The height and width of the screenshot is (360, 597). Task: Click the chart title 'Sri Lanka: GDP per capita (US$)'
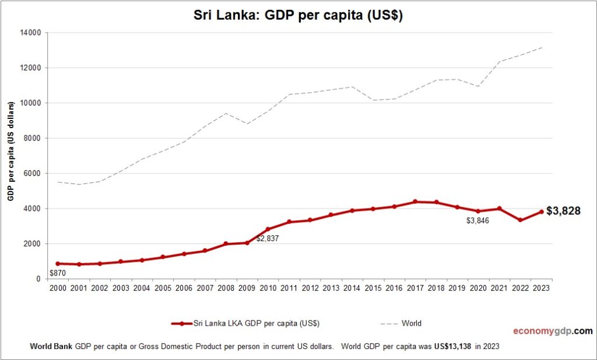[298, 16]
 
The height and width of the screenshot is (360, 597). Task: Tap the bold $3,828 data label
[564, 211]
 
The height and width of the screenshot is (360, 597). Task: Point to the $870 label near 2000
[57, 273]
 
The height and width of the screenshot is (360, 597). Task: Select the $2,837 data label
[268, 238]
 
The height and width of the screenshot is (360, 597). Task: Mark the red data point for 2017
[415, 202]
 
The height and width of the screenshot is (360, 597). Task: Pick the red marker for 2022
[520, 220]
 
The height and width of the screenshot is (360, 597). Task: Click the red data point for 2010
[268, 229]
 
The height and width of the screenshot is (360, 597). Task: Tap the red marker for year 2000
[58, 263]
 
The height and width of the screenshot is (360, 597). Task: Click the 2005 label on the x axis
[163, 288]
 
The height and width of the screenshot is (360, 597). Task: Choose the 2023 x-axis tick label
[540, 288]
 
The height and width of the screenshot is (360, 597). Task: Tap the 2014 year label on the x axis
[352, 288]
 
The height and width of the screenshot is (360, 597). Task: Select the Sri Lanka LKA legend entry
[245, 323]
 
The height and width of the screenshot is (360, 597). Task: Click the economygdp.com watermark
[553, 331]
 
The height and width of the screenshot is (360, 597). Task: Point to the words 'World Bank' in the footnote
[51, 346]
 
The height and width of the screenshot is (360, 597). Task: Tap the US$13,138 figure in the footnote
[452, 346]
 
